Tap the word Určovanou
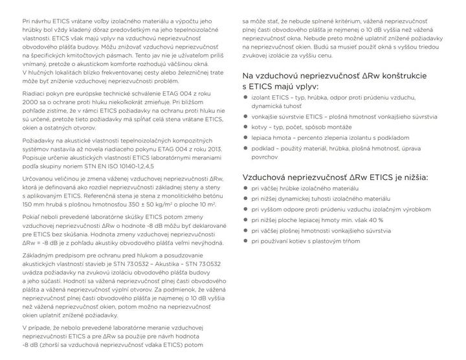(39, 177)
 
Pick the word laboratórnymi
(179, 157)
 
